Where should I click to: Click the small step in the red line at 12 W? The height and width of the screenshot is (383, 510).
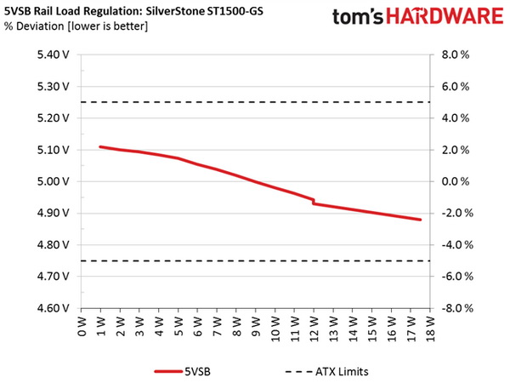pos(313,201)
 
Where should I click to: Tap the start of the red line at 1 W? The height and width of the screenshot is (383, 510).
pos(101,147)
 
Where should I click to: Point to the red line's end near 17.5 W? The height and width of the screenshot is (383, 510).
pos(420,220)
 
